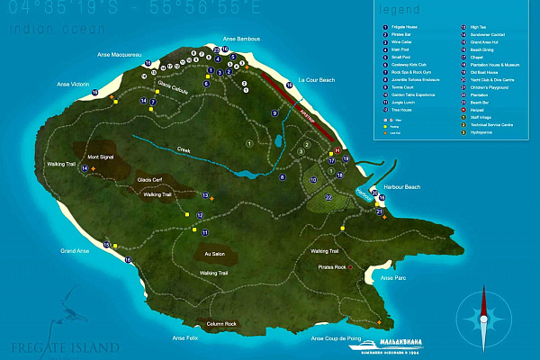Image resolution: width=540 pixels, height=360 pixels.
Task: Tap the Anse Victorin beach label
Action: click(74, 85)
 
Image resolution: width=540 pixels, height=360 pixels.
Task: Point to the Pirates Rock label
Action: click(332, 267)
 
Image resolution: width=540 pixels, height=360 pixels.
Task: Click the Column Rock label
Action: click(220, 323)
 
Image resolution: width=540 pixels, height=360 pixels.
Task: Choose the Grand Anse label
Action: click(75, 250)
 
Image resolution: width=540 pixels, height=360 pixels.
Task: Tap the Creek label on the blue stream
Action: click(184, 150)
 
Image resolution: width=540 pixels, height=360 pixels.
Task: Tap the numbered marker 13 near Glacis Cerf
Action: click(205, 194)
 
